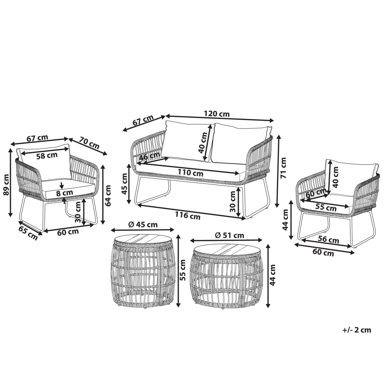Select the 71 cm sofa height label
(x=283, y=168)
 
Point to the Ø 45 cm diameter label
(x=143, y=224)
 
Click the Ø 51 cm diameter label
(x=229, y=235)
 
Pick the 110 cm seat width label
(x=190, y=173)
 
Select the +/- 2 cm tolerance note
(x=357, y=330)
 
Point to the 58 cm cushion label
(x=47, y=155)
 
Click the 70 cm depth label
(x=89, y=143)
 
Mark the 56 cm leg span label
(x=328, y=240)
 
